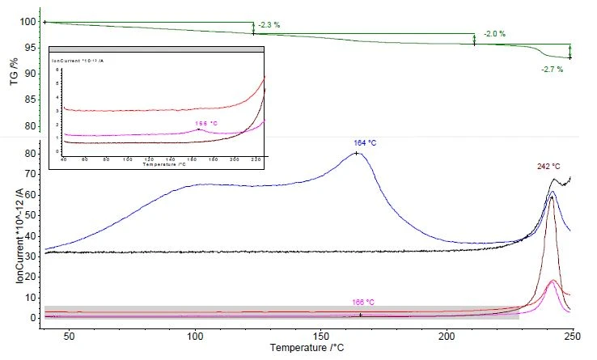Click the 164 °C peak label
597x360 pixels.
point(356,143)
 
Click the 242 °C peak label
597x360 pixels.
point(548,167)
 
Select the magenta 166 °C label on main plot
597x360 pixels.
point(363,302)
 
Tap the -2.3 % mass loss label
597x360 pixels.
point(269,25)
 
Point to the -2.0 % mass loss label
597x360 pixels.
point(494,34)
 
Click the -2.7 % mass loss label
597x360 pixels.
point(552,69)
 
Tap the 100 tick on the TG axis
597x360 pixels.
point(32,22)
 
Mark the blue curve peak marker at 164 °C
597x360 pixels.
point(356,153)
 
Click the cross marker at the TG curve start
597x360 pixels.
point(45,22)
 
